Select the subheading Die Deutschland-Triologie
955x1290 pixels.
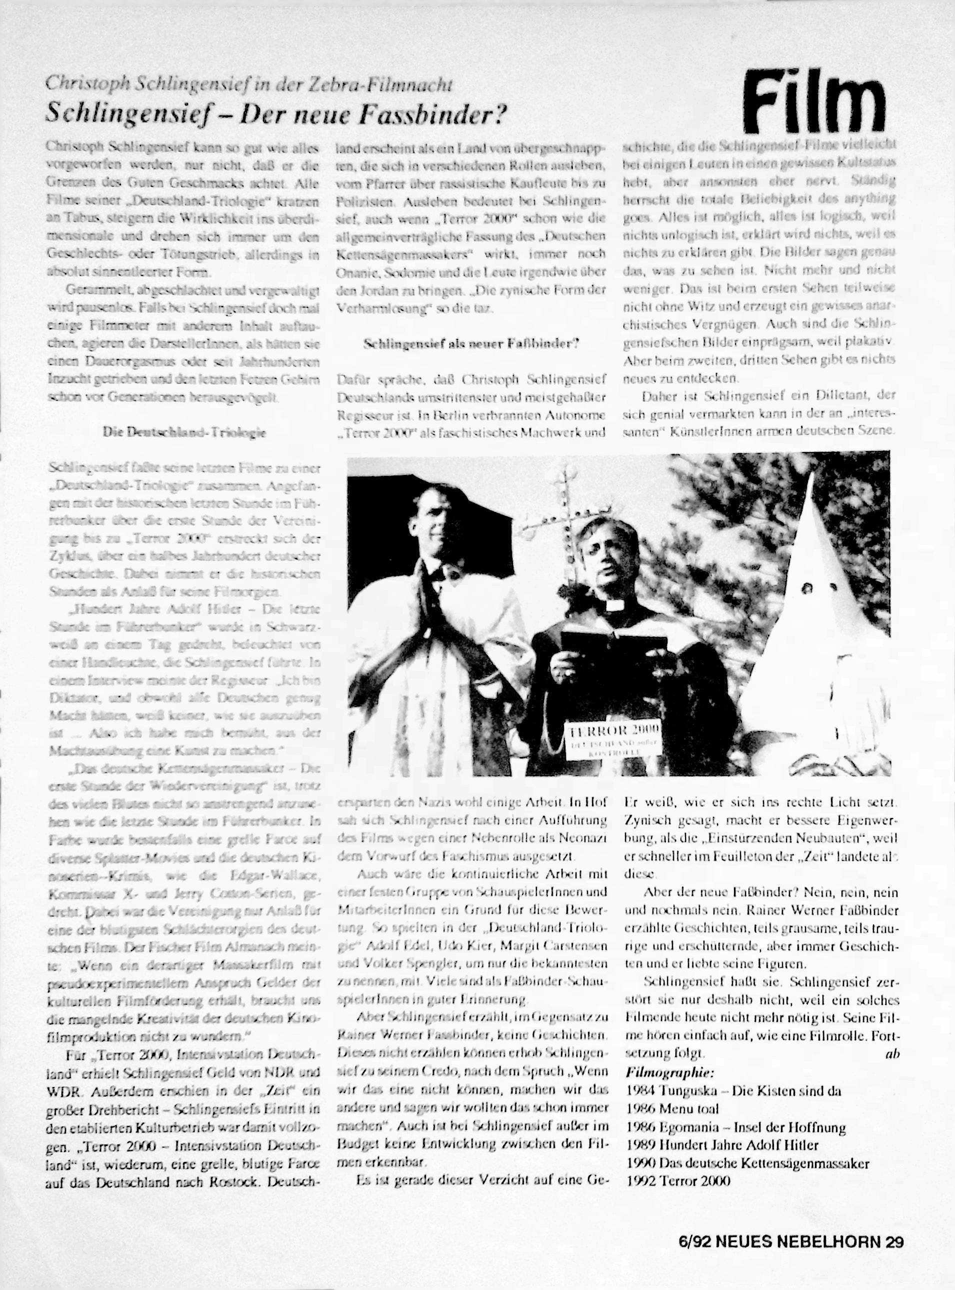tap(184, 433)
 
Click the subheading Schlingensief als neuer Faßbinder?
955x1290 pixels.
tap(471, 343)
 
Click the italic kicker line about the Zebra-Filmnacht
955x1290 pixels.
tap(248, 84)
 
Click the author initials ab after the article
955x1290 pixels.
tap(892, 1053)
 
